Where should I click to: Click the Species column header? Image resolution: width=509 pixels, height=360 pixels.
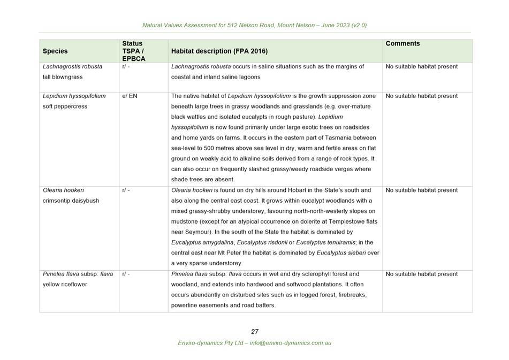[55, 51]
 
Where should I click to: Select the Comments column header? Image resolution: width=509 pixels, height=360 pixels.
[402, 43]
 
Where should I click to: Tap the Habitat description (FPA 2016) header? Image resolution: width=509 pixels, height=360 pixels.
[219, 51]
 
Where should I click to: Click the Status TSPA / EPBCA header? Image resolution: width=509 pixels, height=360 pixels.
[133, 51]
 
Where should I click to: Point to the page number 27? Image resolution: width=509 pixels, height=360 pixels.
[255, 332]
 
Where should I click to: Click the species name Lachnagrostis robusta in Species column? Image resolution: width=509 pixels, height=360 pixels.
[72, 67]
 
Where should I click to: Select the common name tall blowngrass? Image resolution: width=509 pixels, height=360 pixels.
[63, 77]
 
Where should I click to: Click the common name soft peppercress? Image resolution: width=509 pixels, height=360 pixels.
[65, 106]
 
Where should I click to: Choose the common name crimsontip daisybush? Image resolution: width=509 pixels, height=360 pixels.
[71, 201]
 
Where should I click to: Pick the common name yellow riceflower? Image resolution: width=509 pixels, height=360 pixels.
[65, 285]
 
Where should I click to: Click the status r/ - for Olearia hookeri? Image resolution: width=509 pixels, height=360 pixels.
[126, 190]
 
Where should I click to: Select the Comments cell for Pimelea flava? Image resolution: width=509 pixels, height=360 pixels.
[421, 274]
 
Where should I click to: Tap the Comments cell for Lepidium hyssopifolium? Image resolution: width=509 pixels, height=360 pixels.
[421, 96]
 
